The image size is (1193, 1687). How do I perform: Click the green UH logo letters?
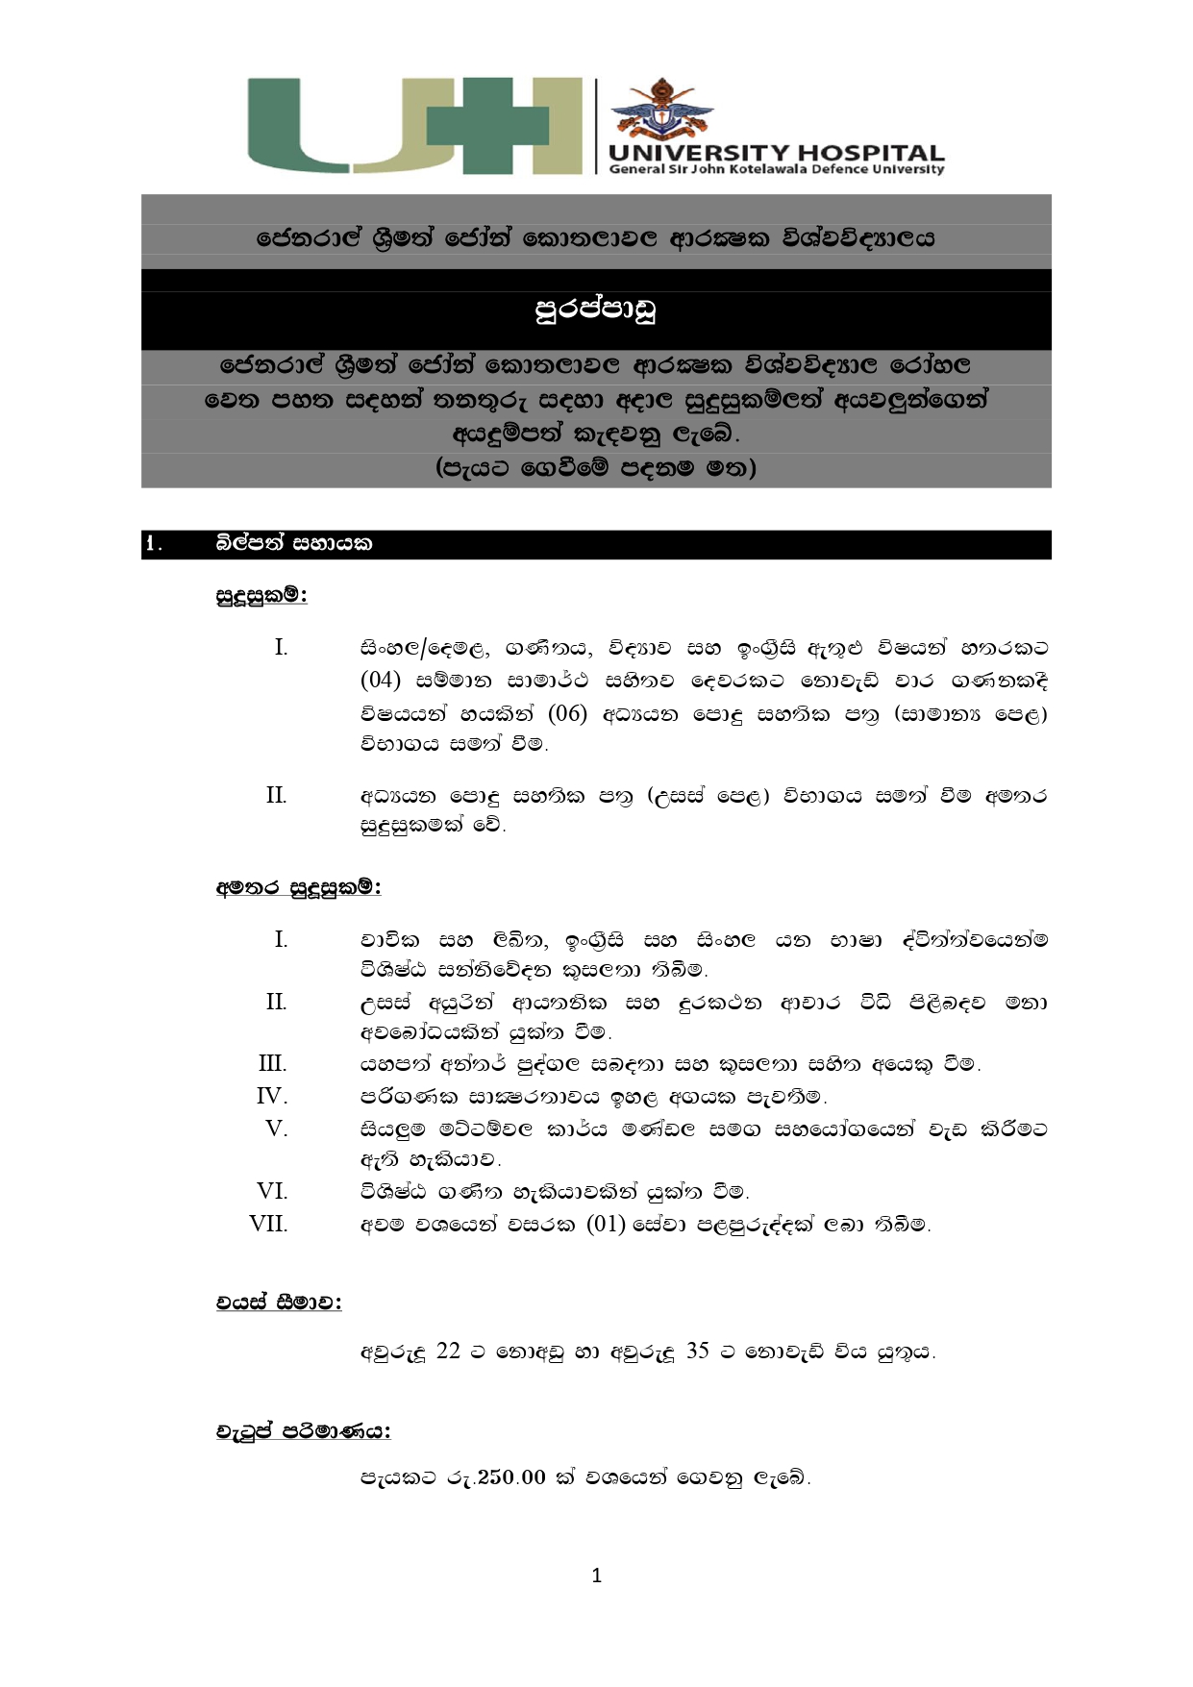pyautogui.click(x=413, y=126)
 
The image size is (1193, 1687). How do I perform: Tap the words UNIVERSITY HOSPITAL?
pyautogui.click(x=776, y=154)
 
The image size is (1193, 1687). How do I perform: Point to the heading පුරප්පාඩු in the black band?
pyautogui.click(x=595, y=310)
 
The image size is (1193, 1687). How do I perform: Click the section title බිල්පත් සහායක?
pyautogui.click(x=294, y=544)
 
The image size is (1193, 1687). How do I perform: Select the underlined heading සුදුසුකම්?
pyautogui.click(x=261, y=596)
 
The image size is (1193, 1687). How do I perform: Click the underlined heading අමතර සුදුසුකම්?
pyautogui.click(x=298, y=887)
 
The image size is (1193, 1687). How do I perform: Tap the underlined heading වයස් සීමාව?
pyautogui.click(x=279, y=1302)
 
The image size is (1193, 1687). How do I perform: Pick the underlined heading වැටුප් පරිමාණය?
pyautogui.click(x=303, y=1431)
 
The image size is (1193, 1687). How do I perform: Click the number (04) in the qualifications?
pyautogui.click(x=380, y=681)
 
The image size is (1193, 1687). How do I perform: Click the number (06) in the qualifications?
pyautogui.click(x=567, y=713)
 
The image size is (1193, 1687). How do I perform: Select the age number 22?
pyautogui.click(x=448, y=1351)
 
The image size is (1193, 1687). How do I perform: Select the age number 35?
pyautogui.click(x=698, y=1351)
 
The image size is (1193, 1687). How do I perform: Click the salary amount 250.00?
pyautogui.click(x=511, y=1477)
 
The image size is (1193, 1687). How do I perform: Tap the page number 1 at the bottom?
pyautogui.click(x=597, y=1575)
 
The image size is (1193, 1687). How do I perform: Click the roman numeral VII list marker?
pyautogui.click(x=268, y=1224)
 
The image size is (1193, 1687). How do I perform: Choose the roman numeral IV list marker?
pyautogui.click(x=272, y=1096)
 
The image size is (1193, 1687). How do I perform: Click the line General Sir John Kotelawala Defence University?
pyautogui.click(x=777, y=169)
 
